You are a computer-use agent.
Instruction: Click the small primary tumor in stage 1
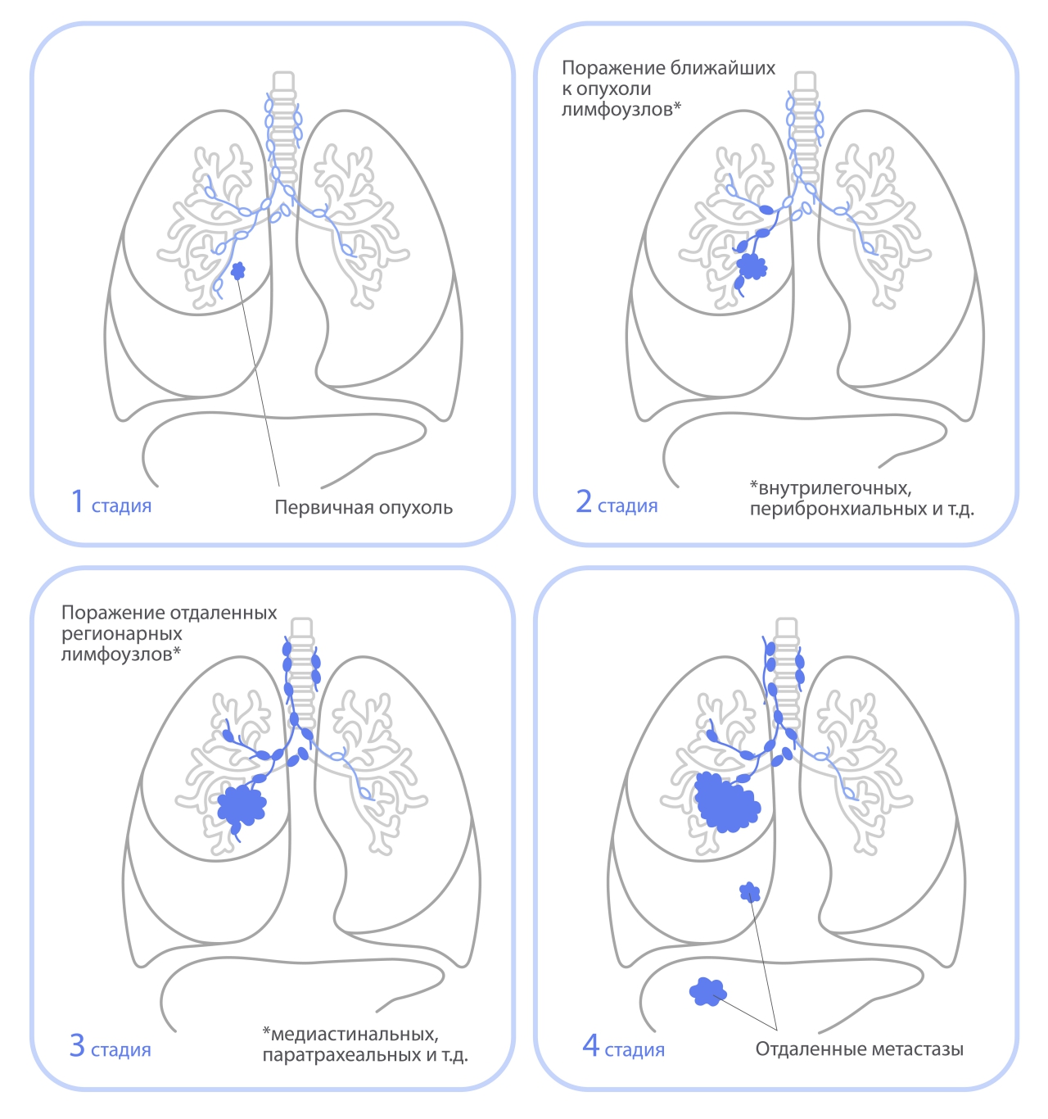(x=238, y=270)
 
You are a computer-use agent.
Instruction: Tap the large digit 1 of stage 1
(x=78, y=501)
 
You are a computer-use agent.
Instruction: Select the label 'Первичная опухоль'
(x=364, y=507)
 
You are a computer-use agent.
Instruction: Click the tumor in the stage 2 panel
(x=752, y=265)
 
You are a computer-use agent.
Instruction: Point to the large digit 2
(x=584, y=501)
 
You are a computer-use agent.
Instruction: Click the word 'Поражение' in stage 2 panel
(x=613, y=68)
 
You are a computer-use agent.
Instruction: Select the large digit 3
(x=77, y=1044)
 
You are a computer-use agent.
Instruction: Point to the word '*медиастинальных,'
(x=350, y=1034)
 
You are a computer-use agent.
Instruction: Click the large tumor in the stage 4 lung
(x=725, y=802)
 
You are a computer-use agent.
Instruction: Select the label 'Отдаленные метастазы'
(x=859, y=1049)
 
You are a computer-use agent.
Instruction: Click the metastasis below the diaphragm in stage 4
(x=707, y=992)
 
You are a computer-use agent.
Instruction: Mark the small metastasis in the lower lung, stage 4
(x=749, y=892)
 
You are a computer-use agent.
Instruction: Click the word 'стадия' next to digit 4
(x=635, y=1050)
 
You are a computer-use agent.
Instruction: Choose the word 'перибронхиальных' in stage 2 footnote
(x=829, y=509)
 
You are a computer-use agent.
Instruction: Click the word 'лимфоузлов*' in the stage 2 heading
(x=621, y=110)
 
